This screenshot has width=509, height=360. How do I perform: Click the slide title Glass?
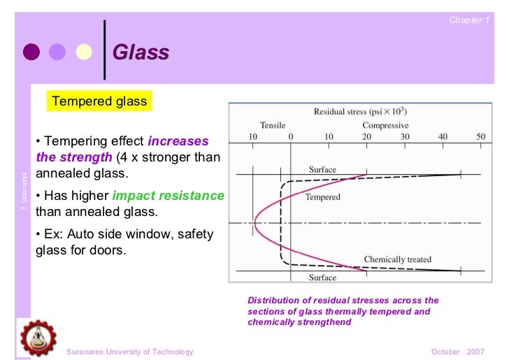coord(141,52)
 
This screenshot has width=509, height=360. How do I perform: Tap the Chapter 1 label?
coord(468,20)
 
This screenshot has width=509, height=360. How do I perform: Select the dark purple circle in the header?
coord(31,52)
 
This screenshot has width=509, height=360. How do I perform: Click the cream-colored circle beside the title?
coord(84,52)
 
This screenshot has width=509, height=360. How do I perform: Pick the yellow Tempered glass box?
coord(99,101)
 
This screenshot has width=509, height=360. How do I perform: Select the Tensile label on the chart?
coord(273,125)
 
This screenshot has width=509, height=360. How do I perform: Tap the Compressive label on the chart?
coord(385,125)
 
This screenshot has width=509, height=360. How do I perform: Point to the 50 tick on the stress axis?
coord(480,137)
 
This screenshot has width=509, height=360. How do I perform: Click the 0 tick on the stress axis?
coord(290,137)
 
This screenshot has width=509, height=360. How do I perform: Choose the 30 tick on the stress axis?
coord(404,137)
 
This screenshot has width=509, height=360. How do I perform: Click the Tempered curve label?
coord(322,197)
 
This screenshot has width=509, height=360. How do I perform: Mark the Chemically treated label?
coord(397,259)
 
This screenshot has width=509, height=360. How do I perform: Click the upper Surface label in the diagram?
coord(322,169)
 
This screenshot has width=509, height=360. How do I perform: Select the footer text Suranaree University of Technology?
coord(129,352)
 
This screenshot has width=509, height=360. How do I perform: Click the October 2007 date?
coord(459,352)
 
